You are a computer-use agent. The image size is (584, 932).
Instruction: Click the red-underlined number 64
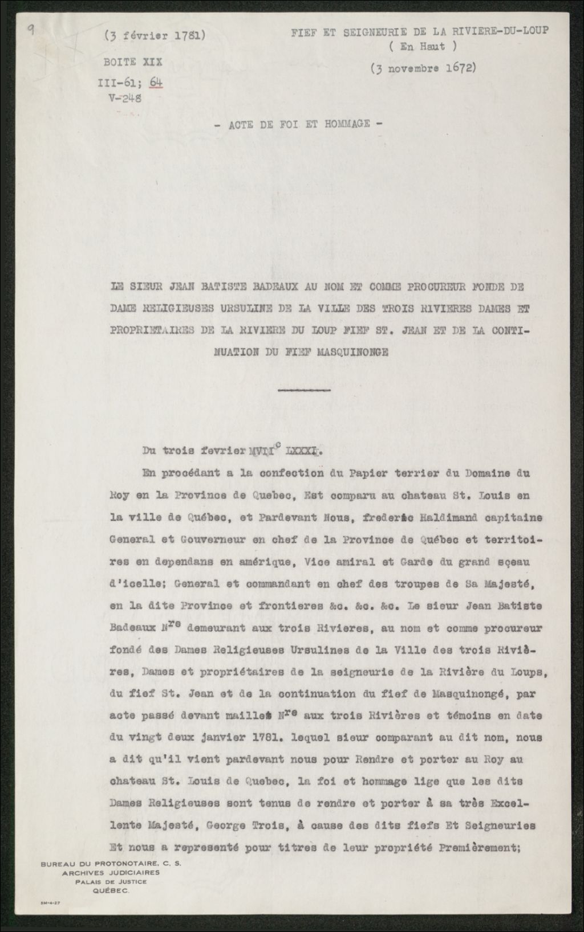tap(156, 82)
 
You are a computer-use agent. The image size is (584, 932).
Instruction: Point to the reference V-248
tap(125, 97)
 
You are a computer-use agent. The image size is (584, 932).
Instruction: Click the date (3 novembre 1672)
tap(423, 68)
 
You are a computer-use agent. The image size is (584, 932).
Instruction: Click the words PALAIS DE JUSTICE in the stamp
tap(111, 881)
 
